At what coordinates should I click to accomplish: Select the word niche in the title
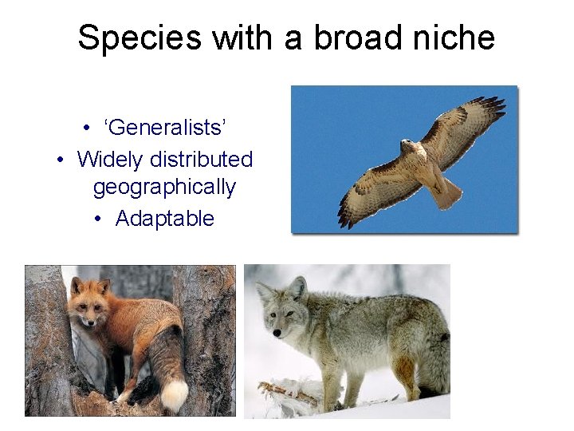coord(452,38)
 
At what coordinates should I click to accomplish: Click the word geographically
coord(164,188)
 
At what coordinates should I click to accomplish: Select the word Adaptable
coord(164,219)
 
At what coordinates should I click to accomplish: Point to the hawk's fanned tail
coord(446,191)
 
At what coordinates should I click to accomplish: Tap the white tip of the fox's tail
coord(175,395)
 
